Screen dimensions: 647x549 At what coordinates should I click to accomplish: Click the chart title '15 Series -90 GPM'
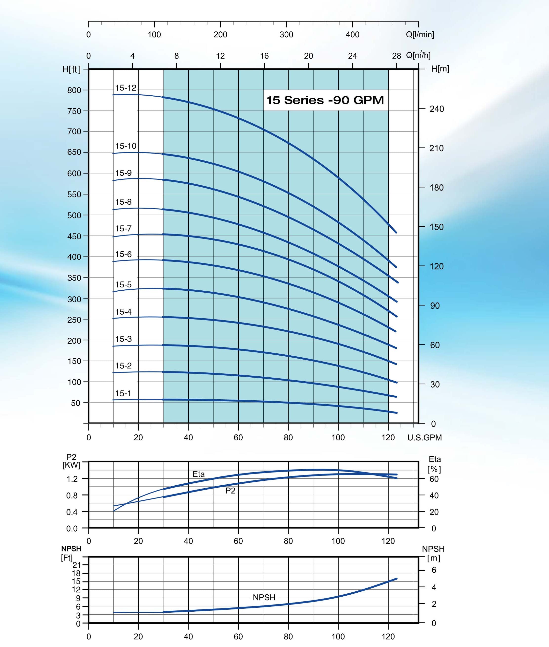pyautogui.click(x=325, y=100)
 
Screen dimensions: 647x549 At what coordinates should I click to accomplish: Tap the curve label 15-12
pyautogui.click(x=126, y=88)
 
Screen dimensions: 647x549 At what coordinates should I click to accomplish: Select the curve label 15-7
pyautogui.click(x=124, y=229)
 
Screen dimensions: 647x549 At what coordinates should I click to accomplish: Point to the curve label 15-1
pyautogui.click(x=124, y=393)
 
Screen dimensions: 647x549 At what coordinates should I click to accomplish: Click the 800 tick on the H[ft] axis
pyautogui.click(x=74, y=90)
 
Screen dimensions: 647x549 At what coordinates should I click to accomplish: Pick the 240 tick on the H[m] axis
pyautogui.click(x=437, y=109)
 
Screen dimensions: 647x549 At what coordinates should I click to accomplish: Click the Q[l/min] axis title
pyautogui.click(x=420, y=34)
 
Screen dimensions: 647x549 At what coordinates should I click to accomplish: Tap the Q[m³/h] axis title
pyautogui.click(x=418, y=55)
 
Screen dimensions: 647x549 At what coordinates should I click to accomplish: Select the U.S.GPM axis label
pyautogui.click(x=424, y=437)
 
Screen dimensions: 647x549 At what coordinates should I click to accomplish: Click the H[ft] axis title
pyautogui.click(x=72, y=69)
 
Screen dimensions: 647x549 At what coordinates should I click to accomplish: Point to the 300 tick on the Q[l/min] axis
pyautogui.click(x=286, y=34)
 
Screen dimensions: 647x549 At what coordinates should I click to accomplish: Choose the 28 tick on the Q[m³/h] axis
pyautogui.click(x=397, y=56)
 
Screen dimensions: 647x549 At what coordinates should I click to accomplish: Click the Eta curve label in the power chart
pyautogui.click(x=199, y=474)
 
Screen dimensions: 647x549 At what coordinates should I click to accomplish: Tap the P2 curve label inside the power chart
pyautogui.click(x=230, y=491)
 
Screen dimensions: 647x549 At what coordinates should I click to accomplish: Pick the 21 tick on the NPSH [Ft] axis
pyautogui.click(x=77, y=565)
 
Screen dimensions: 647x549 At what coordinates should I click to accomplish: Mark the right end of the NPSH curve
pyautogui.click(x=397, y=579)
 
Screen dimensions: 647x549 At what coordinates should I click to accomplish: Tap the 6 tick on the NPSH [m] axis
pyautogui.click(x=434, y=570)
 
